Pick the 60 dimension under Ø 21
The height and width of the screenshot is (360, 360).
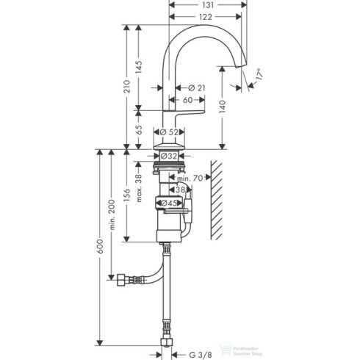pyautogui.click(x=187, y=100)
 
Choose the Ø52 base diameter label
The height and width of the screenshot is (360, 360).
pyautogui.click(x=170, y=132)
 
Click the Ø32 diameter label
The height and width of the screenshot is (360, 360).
pyautogui.click(x=170, y=156)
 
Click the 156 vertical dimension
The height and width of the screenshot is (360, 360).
pyautogui.click(x=127, y=194)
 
